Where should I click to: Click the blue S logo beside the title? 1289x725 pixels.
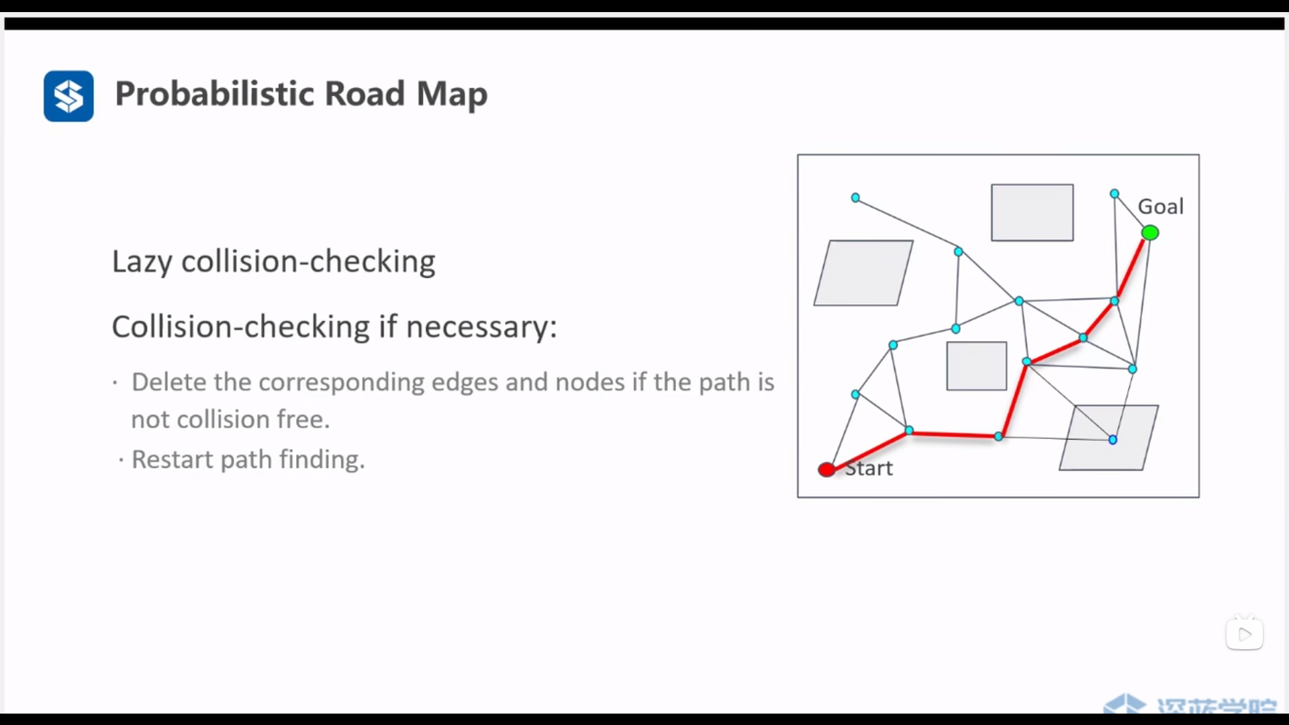point(68,96)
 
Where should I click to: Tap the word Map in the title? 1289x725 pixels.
point(451,94)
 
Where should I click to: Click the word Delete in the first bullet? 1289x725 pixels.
point(169,382)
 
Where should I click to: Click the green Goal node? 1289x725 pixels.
point(1150,233)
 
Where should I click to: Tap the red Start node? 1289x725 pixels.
point(826,469)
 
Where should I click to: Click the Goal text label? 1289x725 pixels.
point(1161,206)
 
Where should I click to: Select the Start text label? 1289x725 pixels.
point(871,468)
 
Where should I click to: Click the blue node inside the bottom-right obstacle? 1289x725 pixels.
point(1112,440)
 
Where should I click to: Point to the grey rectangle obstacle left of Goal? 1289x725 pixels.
point(1032,212)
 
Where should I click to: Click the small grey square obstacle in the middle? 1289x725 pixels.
point(976,366)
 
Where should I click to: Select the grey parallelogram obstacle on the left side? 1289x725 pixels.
point(863,273)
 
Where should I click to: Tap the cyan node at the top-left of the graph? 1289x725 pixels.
point(855,197)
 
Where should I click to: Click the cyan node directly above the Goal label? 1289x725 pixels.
point(1114,194)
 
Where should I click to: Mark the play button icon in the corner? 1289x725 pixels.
point(1244,634)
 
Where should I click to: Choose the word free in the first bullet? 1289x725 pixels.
point(303,420)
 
